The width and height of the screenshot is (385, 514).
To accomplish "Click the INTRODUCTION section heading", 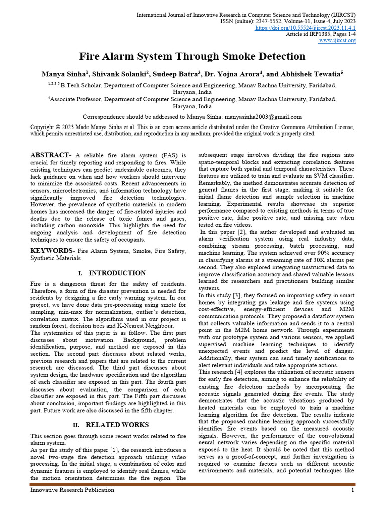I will (117, 273).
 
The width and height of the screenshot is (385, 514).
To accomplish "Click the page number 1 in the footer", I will (353, 490).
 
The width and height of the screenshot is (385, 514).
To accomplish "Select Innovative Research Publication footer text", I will (72, 490).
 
